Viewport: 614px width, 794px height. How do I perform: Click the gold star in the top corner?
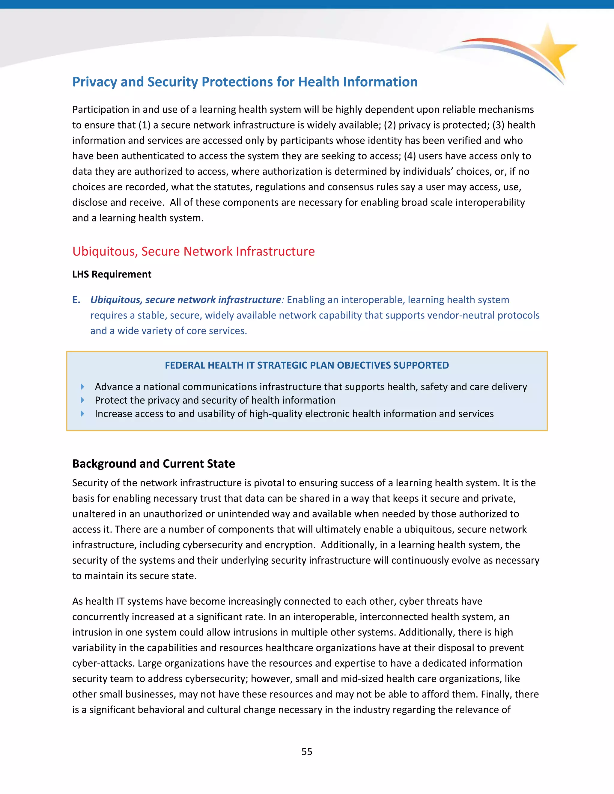pos(551,49)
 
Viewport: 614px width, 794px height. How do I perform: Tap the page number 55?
pos(307,751)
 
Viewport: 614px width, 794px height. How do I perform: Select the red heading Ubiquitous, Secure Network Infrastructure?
pos(193,251)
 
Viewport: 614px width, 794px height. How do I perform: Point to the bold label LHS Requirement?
pos(112,274)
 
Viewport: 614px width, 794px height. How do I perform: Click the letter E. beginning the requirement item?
pos(76,300)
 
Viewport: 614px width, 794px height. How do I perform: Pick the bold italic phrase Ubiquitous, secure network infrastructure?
pos(186,300)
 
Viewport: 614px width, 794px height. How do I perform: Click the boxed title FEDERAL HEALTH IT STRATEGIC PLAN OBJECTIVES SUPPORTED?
pos(307,365)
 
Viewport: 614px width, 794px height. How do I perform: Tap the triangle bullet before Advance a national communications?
pos(82,387)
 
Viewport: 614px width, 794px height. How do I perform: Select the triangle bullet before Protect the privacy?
pos(82,400)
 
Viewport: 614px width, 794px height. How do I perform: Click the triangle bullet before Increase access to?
pos(82,414)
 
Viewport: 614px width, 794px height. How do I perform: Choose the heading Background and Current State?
pos(153,464)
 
